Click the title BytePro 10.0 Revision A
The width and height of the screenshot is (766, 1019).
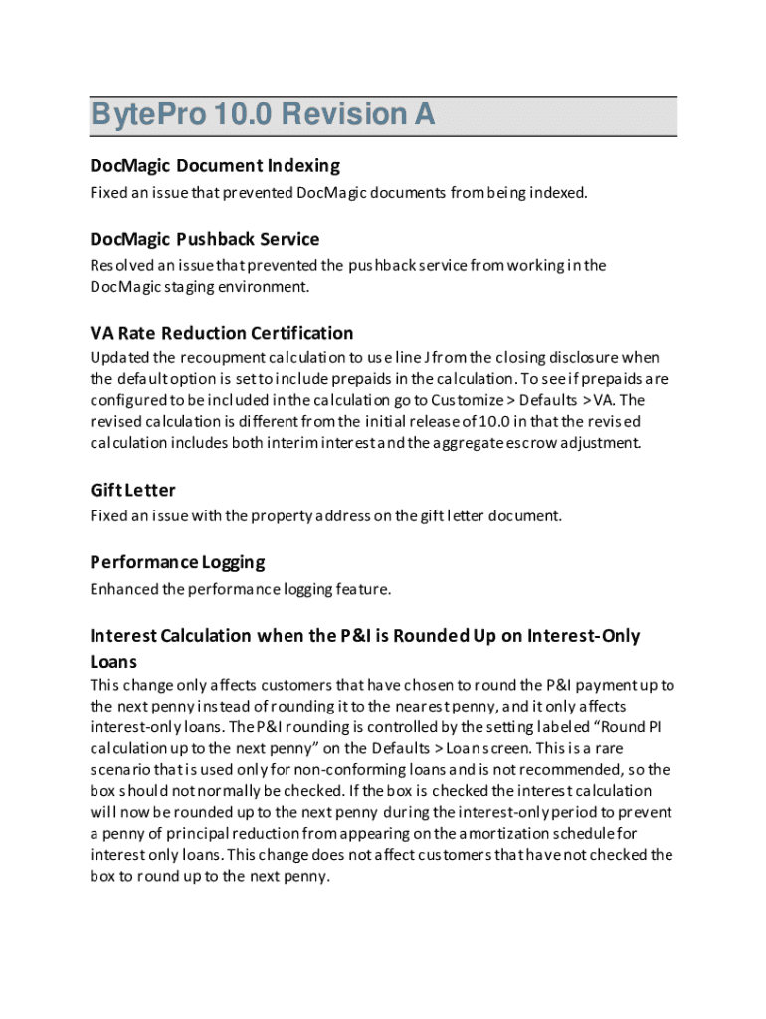[x=263, y=115]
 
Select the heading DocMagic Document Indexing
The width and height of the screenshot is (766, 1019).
[x=215, y=165]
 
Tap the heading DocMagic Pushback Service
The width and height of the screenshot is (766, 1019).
[x=205, y=239]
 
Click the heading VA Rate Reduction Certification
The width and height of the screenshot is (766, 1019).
[x=222, y=332]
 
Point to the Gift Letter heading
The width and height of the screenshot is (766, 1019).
[x=132, y=490]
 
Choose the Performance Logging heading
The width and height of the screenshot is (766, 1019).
[x=177, y=562]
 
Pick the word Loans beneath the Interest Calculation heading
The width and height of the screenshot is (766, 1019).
[x=113, y=662]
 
